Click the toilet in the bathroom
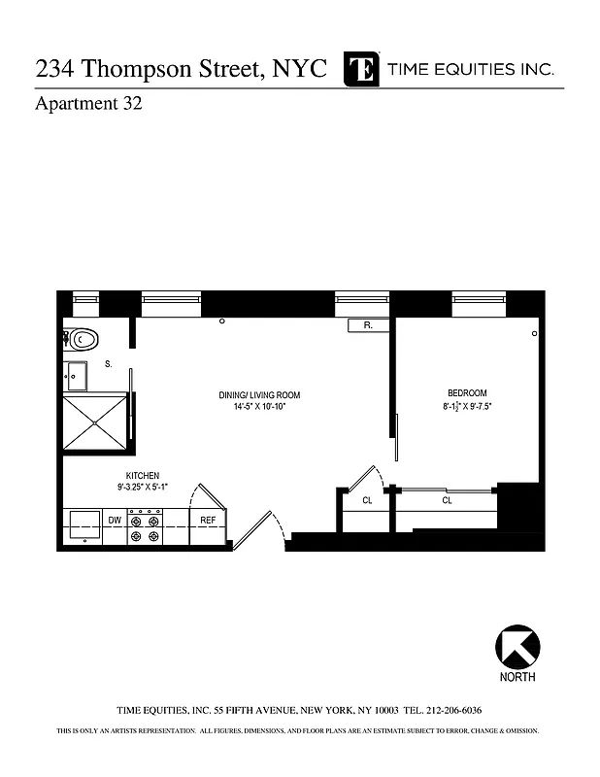click(x=82, y=340)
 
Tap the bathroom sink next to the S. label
click(x=76, y=375)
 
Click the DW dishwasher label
click(x=115, y=521)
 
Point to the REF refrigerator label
click(x=207, y=521)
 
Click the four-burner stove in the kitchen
click(x=145, y=527)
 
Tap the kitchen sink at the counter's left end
click(x=82, y=526)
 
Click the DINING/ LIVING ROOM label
click(x=259, y=395)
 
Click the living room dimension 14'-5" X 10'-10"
click(x=259, y=407)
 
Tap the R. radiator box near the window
click(x=369, y=326)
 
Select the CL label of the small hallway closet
click(x=367, y=501)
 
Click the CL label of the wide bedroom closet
click(x=447, y=501)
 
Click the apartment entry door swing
click(x=256, y=530)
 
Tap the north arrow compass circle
click(x=517, y=646)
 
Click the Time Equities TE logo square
click(x=362, y=70)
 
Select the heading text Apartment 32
click(x=89, y=105)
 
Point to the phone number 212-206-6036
click(x=450, y=710)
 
